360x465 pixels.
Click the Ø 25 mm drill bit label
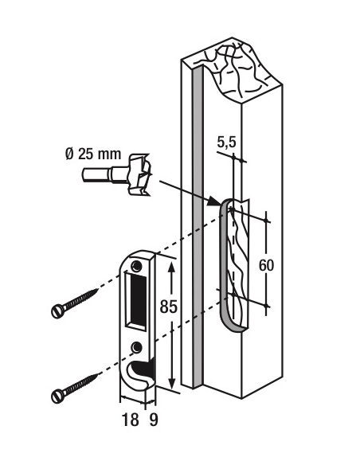[x=93, y=154]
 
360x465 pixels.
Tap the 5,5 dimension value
[x=226, y=142]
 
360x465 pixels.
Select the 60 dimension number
[x=266, y=265]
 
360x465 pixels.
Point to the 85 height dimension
[x=168, y=307]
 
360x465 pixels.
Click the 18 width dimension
[x=130, y=420]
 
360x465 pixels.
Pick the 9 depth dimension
[x=153, y=420]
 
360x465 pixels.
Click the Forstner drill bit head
[x=139, y=174]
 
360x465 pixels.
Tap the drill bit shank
[x=104, y=174]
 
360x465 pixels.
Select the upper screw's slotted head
[x=58, y=311]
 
